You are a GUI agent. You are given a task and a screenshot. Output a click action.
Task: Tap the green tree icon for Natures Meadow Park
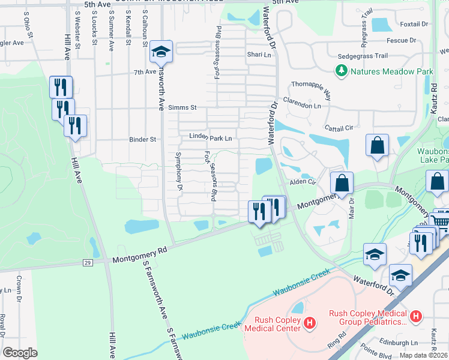[342, 71]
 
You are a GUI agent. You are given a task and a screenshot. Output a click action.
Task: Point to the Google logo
[20, 353]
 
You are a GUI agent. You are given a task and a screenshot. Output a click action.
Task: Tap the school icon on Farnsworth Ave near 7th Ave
[160, 52]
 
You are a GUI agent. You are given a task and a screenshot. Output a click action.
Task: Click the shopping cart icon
[441, 221]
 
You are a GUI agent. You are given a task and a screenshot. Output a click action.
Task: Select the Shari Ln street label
[259, 55]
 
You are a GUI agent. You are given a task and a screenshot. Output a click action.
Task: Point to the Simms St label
[182, 107]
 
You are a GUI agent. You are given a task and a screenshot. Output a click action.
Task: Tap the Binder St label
[143, 139]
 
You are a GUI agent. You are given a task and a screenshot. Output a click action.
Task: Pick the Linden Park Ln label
[211, 138]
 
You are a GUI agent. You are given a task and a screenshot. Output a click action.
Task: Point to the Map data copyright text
[424, 355]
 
